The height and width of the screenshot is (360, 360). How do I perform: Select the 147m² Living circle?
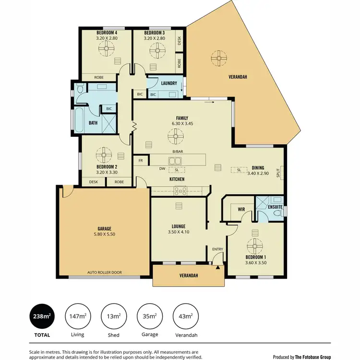pyautogui.click(x=77, y=316)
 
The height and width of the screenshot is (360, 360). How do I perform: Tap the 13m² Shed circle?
pyautogui.click(x=113, y=316)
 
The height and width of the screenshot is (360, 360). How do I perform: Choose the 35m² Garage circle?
pyautogui.click(x=149, y=316)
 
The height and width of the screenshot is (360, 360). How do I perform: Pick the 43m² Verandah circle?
pyautogui.click(x=185, y=316)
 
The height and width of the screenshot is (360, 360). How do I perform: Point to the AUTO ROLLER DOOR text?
pyautogui.click(x=104, y=272)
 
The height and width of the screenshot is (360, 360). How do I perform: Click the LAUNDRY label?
pyautogui.click(x=169, y=83)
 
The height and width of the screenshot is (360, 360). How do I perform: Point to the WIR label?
pyautogui.click(x=241, y=209)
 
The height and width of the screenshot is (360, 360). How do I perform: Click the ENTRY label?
pyautogui.click(x=218, y=249)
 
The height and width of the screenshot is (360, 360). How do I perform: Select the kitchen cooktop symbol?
pyautogui.click(x=180, y=191)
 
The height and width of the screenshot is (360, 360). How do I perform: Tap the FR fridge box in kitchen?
pyautogui.click(x=141, y=160)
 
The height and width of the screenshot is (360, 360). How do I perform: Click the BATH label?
pyautogui.click(x=93, y=123)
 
